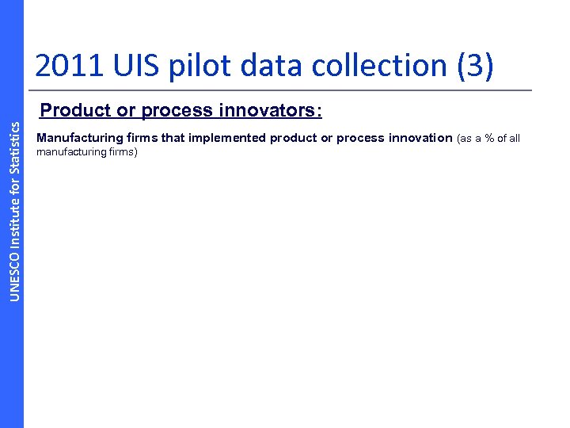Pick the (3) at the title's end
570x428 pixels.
pyautogui.click(x=474, y=67)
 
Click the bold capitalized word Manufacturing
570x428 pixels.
pyautogui.click(x=75, y=138)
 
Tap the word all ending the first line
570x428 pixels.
pyautogui.click(x=514, y=138)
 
